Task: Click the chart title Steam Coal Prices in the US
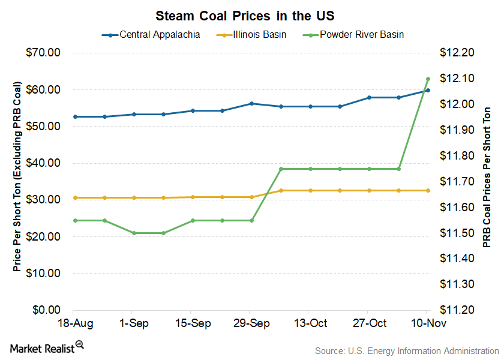tap(253, 14)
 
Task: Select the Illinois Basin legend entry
tap(260, 34)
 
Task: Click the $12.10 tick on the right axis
tap(457, 79)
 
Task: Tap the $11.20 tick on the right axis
tap(457, 310)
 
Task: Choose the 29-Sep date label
tap(251, 323)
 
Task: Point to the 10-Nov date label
tap(427, 323)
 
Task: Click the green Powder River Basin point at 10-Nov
tap(428, 79)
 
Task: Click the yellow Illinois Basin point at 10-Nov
tap(428, 190)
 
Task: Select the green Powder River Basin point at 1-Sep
tap(134, 233)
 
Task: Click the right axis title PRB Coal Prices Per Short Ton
tap(487, 178)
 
